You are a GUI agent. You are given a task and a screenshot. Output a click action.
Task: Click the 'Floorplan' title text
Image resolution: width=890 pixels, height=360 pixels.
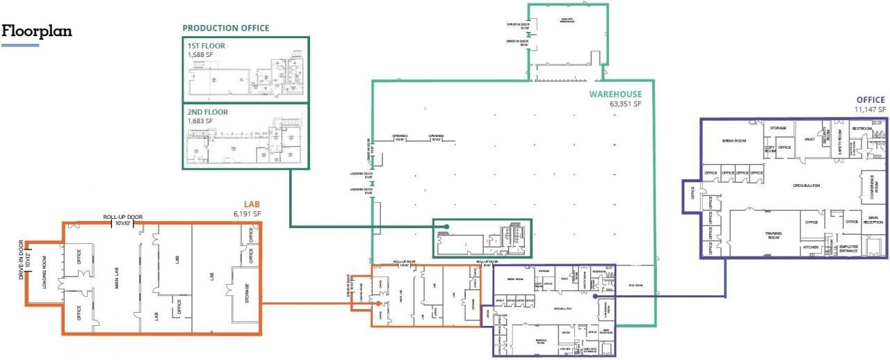[x=38, y=32]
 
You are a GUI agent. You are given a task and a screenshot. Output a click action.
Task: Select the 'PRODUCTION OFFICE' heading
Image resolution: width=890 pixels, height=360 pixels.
[x=225, y=28]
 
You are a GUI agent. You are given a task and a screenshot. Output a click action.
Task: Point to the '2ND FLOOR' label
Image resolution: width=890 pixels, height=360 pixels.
[x=207, y=112]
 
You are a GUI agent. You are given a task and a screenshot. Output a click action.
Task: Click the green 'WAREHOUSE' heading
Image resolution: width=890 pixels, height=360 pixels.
[x=615, y=95]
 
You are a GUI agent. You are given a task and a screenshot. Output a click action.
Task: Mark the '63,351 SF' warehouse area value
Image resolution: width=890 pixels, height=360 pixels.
[x=626, y=104]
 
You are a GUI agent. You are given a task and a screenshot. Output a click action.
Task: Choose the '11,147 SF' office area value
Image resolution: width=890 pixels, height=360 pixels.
[x=871, y=109]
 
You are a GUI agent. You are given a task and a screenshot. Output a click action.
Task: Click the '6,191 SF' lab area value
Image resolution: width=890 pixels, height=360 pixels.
[x=247, y=214]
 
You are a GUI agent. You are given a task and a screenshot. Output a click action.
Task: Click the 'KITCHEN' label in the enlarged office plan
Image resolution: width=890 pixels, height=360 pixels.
[x=811, y=247]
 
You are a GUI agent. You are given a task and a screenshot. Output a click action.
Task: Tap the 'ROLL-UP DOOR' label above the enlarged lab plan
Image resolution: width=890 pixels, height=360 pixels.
[x=123, y=217]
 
